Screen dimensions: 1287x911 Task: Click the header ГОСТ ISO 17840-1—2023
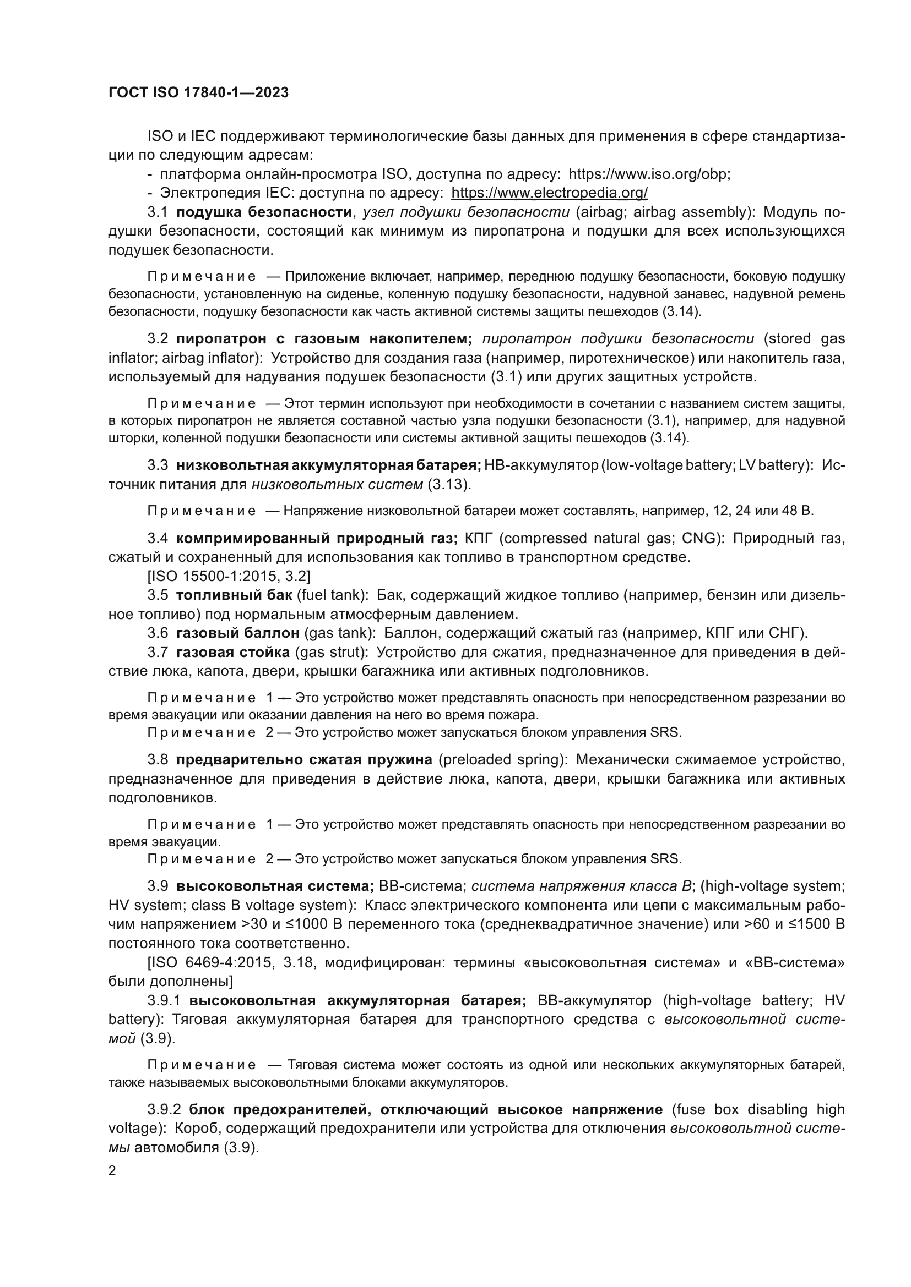(198, 93)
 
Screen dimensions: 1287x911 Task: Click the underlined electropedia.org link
(549, 193)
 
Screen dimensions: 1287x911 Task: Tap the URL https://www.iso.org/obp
(649, 174)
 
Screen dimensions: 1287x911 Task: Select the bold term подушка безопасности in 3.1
(264, 212)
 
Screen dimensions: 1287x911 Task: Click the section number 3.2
(158, 338)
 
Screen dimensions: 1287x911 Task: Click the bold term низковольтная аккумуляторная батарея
(329, 465)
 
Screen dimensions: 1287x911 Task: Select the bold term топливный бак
(234, 595)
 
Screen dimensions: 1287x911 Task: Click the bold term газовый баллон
(238, 633)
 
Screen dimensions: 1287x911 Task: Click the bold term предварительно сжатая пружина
(304, 759)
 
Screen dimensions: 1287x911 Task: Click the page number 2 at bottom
(112, 1170)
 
